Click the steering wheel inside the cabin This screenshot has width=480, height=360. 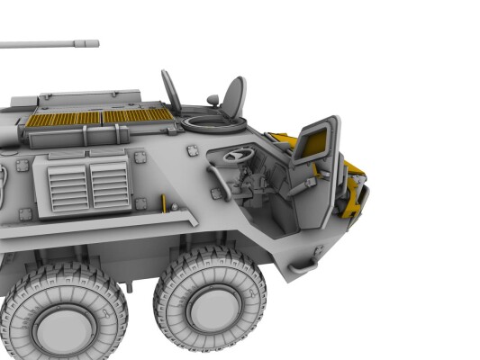238,156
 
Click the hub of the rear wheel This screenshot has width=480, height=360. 64,328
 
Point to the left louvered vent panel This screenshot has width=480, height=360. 68,186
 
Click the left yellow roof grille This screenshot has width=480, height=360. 64,118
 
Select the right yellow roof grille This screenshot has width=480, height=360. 137,115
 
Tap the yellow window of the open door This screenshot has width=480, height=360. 313,141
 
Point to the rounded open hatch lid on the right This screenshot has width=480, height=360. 234,96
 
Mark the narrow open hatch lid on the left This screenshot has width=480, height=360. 170,90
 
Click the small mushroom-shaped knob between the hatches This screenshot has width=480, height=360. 212,99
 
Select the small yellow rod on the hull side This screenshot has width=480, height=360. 165,206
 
